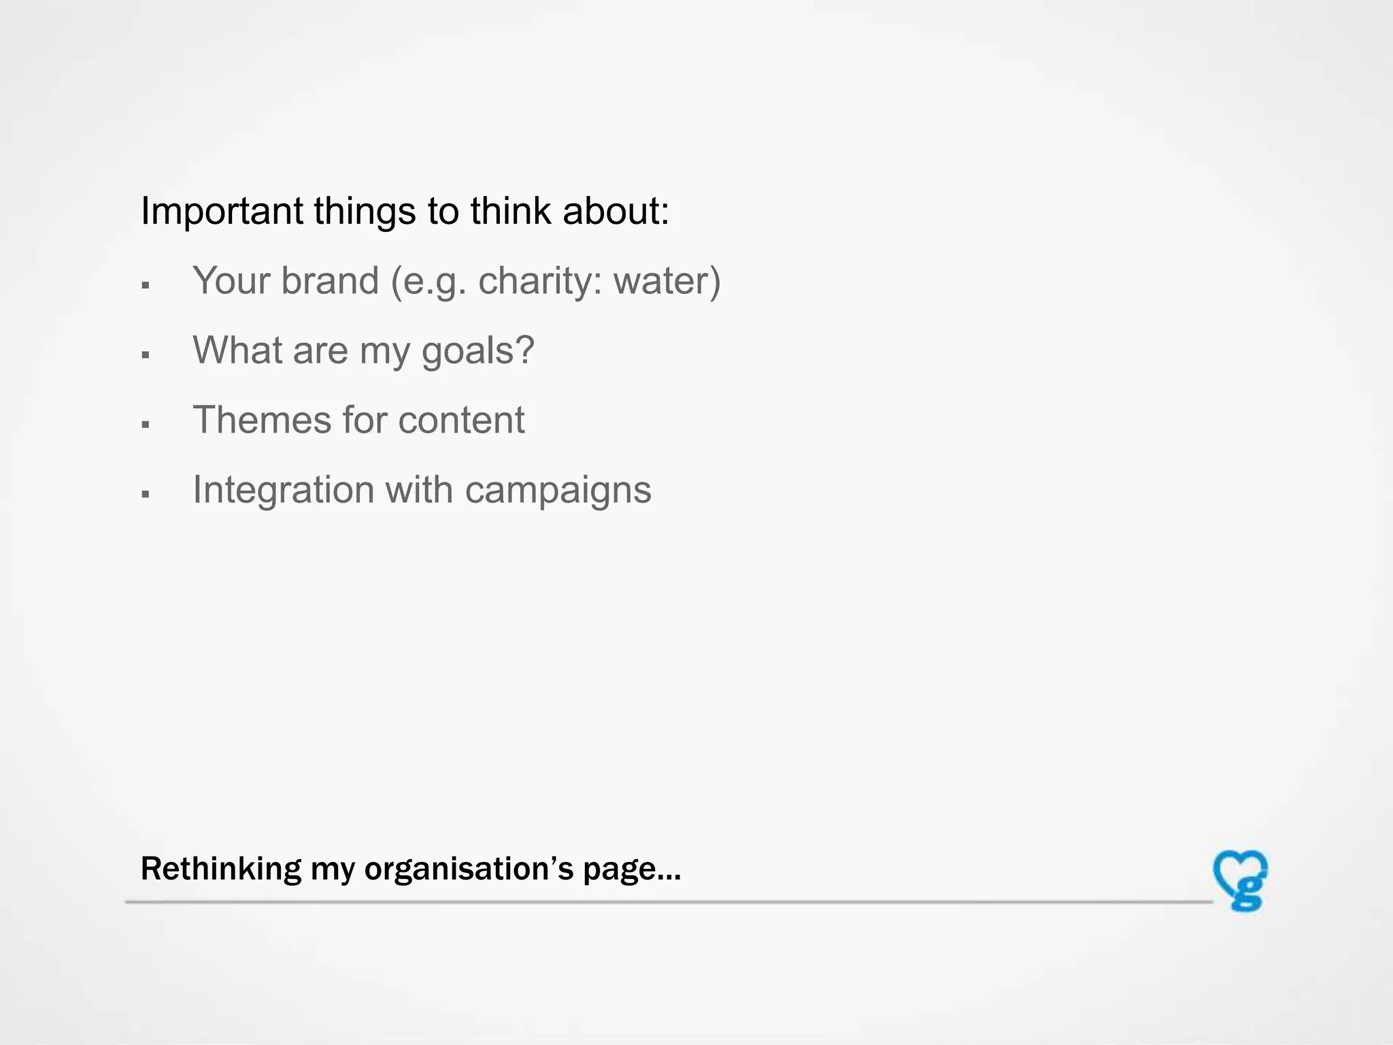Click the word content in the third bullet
(461, 420)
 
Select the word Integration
(283, 490)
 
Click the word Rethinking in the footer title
(220, 869)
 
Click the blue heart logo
(1240, 880)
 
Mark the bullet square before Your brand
(145, 286)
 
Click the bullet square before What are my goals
(145, 355)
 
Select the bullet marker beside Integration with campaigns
(145, 495)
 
